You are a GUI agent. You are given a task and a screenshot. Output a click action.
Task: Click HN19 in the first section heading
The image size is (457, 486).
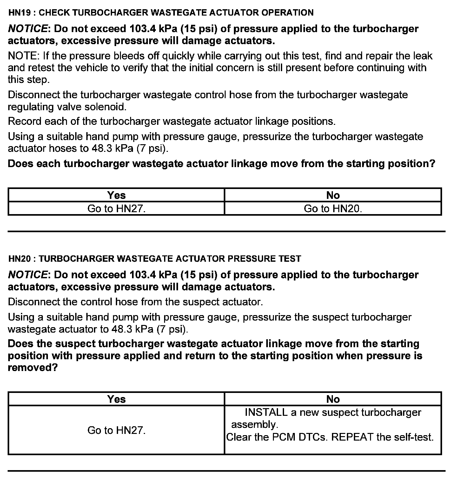pyautogui.click(x=19, y=13)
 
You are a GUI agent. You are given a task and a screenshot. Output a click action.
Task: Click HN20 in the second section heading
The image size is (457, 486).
pyautogui.click(x=19, y=259)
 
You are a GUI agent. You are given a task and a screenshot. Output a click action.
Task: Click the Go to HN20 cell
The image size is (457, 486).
pyautogui.click(x=333, y=209)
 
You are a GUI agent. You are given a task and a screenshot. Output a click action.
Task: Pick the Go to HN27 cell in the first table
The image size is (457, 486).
pyautogui.click(x=116, y=209)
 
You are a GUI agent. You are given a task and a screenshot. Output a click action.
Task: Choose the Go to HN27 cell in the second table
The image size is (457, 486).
pyautogui.click(x=116, y=430)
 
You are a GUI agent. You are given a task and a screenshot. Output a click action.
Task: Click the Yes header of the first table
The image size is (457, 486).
pyautogui.click(x=116, y=195)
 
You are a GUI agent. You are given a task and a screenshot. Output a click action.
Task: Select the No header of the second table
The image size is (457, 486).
pyautogui.click(x=333, y=399)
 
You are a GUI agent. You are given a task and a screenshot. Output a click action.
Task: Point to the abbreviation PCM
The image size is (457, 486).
pyautogui.click(x=284, y=437)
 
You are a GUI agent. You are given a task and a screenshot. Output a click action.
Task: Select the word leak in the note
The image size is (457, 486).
pyautogui.click(x=422, y=56)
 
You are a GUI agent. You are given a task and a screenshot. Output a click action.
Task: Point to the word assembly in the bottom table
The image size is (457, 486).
pyautogui.click(x=254, y=425)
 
